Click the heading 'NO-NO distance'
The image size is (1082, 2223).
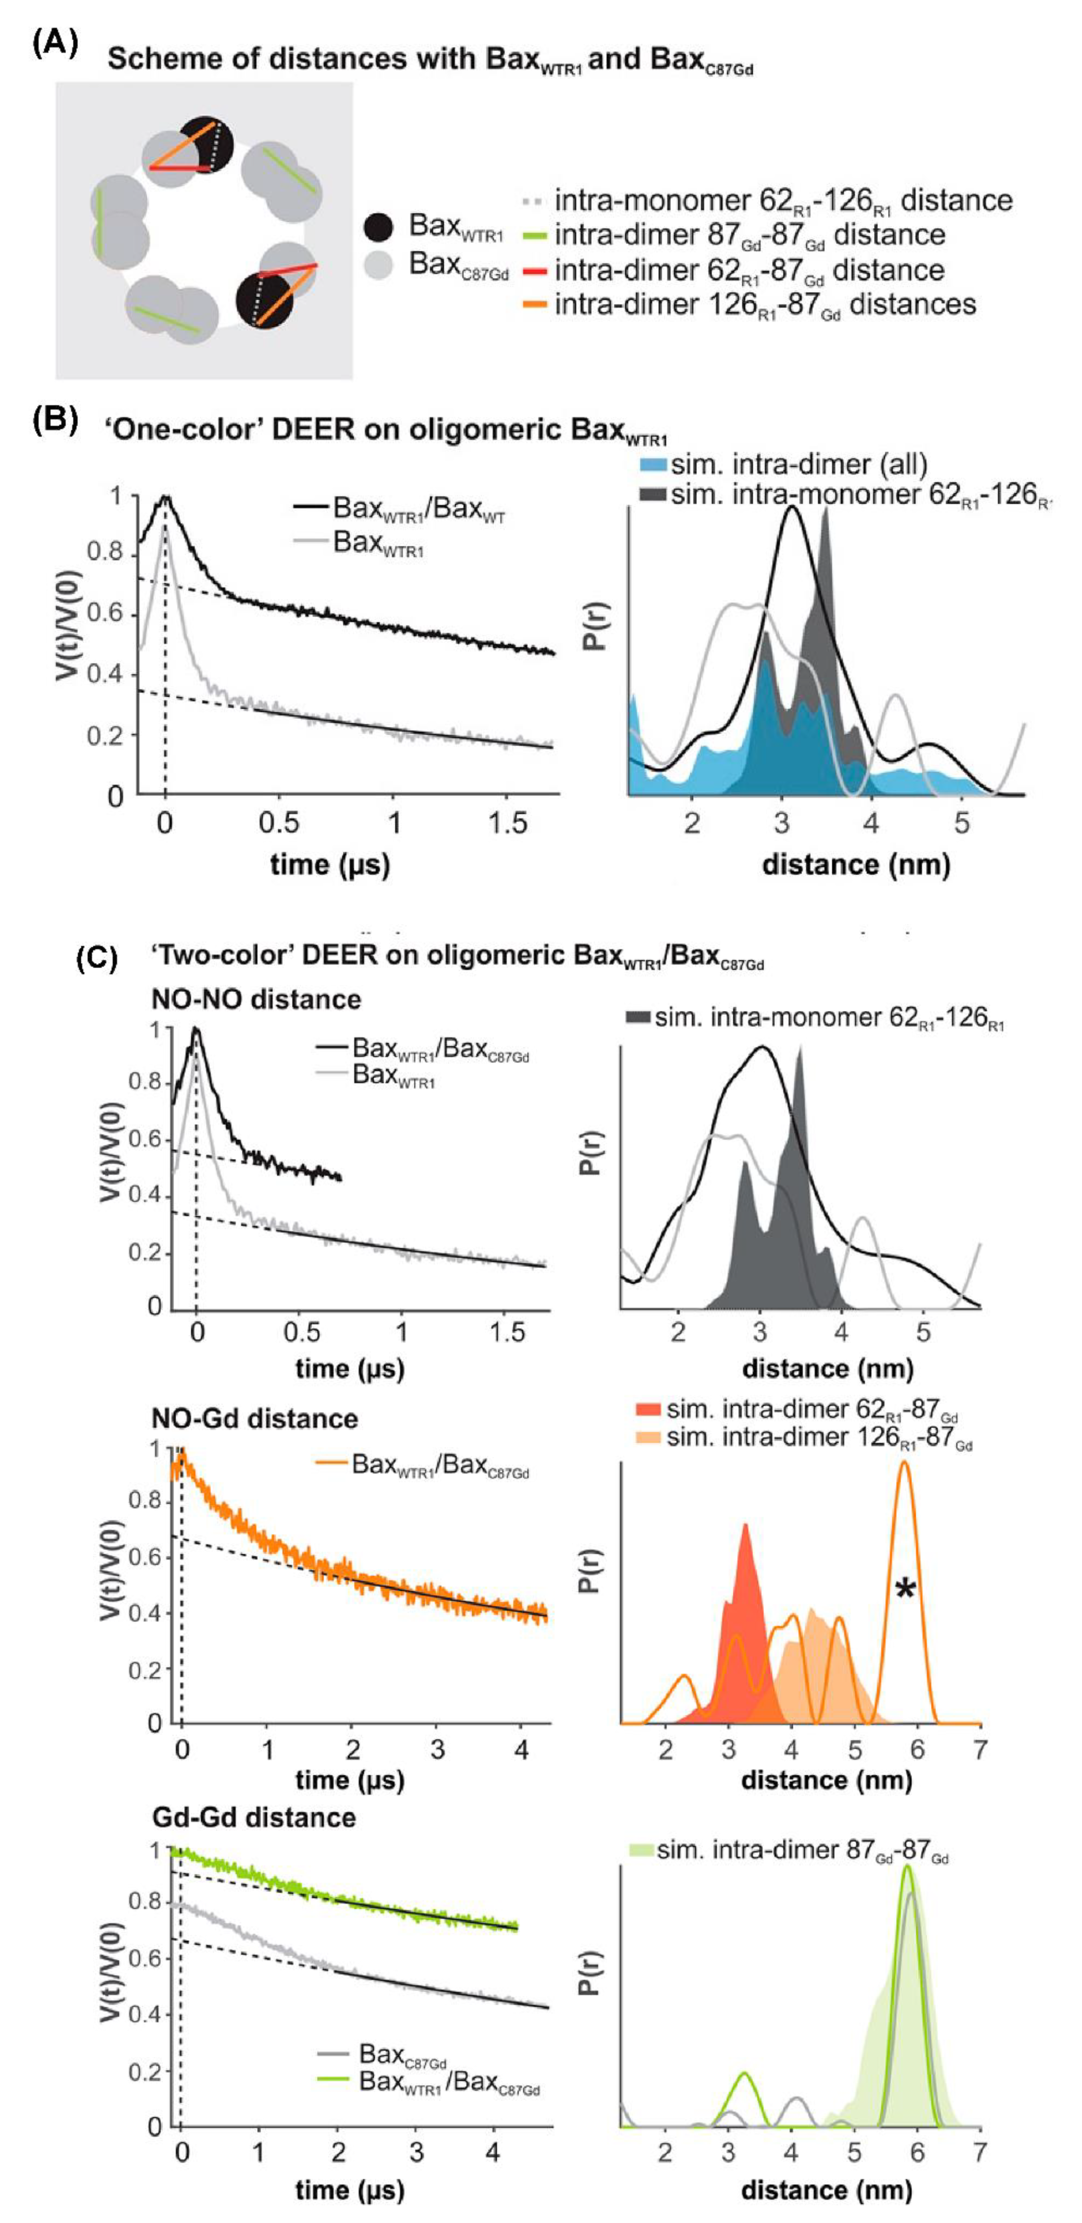point(256,999)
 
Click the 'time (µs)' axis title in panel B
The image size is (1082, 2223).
point(329,864)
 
